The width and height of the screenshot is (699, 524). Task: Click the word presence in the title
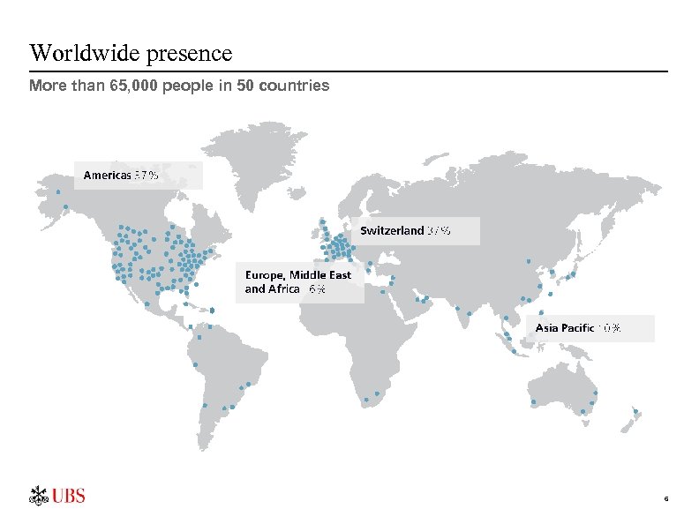(191, 54)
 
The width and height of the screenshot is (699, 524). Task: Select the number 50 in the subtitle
(245, 86)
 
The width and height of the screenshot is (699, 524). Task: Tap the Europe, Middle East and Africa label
(298, 282)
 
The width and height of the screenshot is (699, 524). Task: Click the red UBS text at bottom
(69, 497)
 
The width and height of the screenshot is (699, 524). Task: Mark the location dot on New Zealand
(636, 411)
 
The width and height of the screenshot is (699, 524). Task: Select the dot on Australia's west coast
(534, 403)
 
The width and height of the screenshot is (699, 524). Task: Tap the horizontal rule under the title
(349, 71)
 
